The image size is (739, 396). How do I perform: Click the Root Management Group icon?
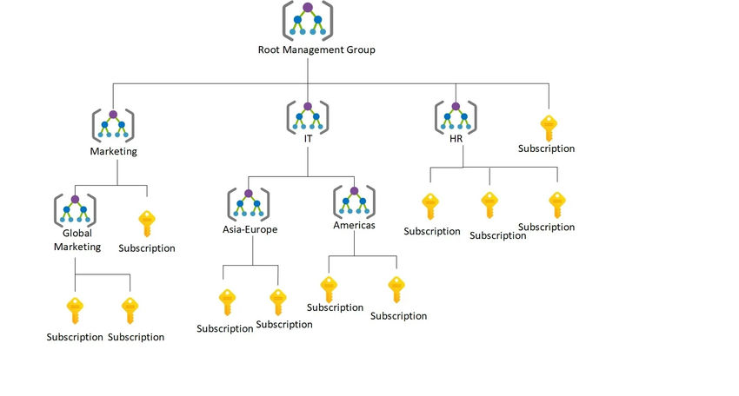[308, 21]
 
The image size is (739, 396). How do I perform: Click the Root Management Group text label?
[316, 50]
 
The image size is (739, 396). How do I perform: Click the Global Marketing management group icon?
[76, 208]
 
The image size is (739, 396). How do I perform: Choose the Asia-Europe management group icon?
[249, 203]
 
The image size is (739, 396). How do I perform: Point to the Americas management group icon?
[354, 201]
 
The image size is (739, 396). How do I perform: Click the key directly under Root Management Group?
[548, 128]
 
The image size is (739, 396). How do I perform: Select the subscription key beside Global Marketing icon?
[147, 224]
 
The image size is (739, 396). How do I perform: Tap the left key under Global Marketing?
[76, 310]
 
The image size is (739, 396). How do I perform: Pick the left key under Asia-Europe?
[227, 302]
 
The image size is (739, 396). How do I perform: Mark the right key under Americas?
[396, 289]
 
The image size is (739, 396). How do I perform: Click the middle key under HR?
[489, 206]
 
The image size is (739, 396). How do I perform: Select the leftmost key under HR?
[430, 206]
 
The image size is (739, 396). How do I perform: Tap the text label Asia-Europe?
[251, 229]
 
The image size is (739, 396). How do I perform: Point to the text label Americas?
[354, 225]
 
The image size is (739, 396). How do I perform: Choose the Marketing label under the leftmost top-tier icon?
[113, 151]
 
